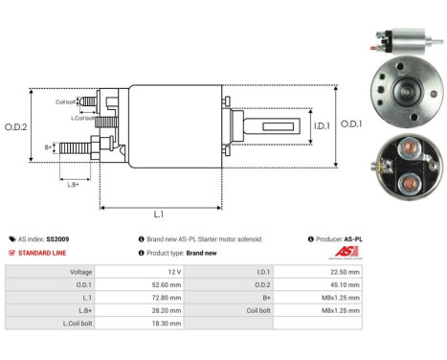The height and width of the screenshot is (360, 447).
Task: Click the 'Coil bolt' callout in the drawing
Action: pos(66,101)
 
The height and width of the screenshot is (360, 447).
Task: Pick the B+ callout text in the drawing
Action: pos(49,146)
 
